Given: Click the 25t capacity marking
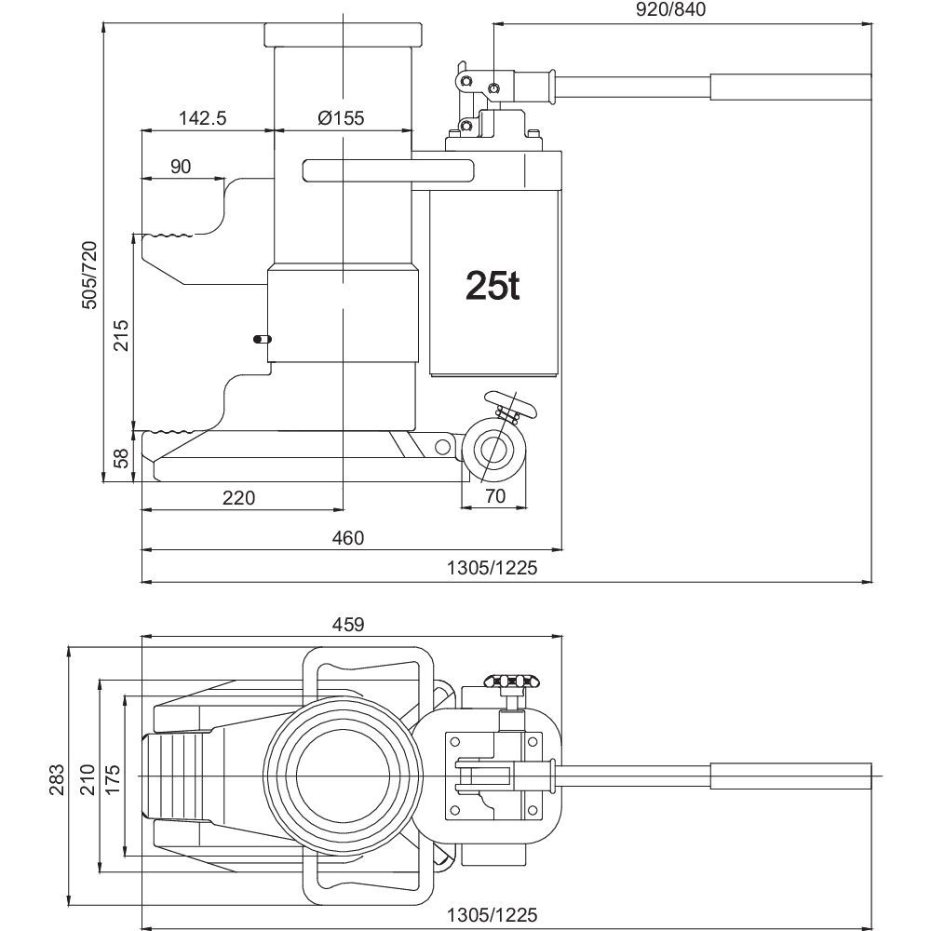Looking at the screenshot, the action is pos(492,286).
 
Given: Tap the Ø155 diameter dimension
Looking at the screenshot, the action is pos(341,117).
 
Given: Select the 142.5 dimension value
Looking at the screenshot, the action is pos(203,117).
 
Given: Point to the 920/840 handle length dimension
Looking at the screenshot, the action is pos(671,9).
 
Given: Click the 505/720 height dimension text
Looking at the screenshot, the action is pos(88,275).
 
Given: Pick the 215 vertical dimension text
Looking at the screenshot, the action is pos(121,335).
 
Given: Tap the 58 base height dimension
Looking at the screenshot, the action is pos(121,458).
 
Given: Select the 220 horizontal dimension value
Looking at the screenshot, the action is pos(238,497).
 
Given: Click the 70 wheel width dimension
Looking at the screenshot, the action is pos(494,494).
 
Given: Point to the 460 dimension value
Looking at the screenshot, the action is pos(348,537).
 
